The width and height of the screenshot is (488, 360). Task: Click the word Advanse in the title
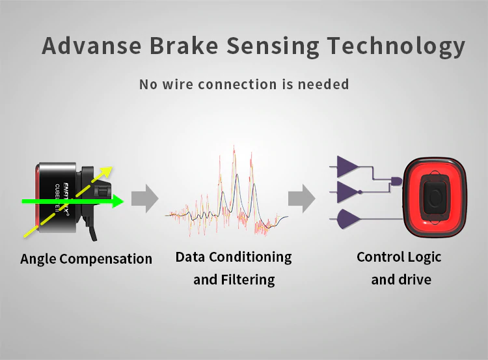pyautogui.click(x=90, y=46)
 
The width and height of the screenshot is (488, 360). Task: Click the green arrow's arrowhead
pyautogui.click(x=117, y=202)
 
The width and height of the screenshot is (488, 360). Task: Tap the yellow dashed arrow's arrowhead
pyautogui.click(x=107, y=171)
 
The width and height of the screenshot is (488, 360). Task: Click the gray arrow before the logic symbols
pyautogui.click(x=301, y=198)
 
